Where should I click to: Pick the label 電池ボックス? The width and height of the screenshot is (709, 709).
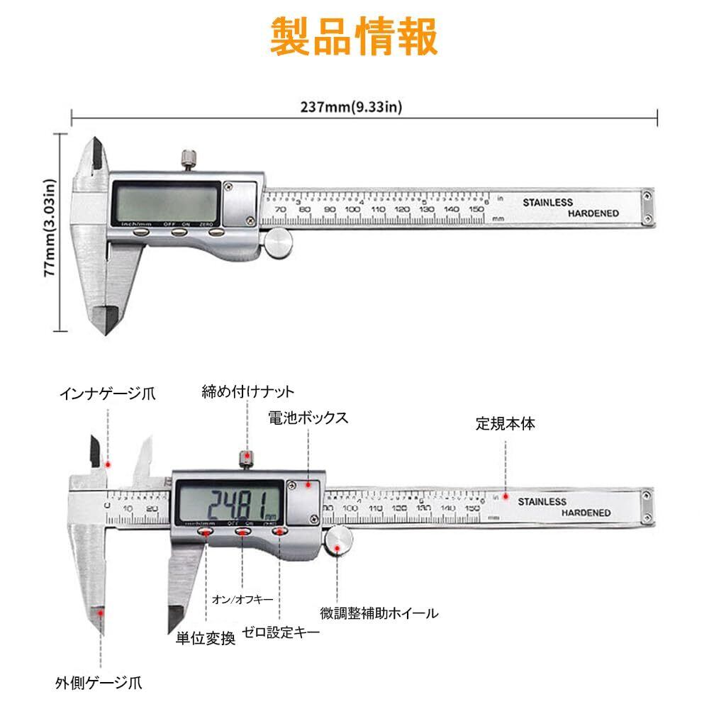click(x=308, y=418)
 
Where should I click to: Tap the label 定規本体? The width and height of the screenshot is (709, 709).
click(x=505, y=425)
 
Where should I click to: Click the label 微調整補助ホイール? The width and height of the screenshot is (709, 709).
click(x=379, y=613)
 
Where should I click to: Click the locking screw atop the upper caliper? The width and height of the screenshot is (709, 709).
click(x=189, y=160)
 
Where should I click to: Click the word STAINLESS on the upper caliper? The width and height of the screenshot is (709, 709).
click(x=547, y=202)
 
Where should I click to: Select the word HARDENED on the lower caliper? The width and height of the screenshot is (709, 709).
click(x=586, y=513)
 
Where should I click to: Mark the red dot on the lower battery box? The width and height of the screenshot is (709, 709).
click(x=308, y=485)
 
